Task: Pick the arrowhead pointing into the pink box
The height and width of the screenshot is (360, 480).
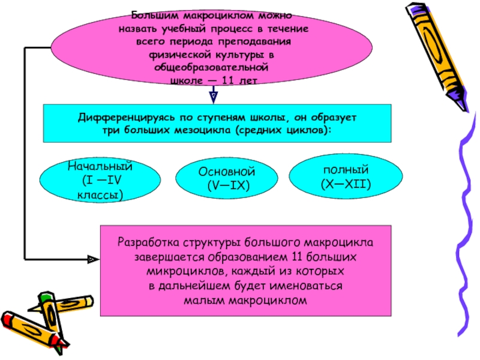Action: (x=93, y=260)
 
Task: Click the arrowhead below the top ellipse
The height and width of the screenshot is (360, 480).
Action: (x=213, y=95)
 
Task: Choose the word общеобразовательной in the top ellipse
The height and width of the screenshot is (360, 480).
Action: (x=214, y=70)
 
